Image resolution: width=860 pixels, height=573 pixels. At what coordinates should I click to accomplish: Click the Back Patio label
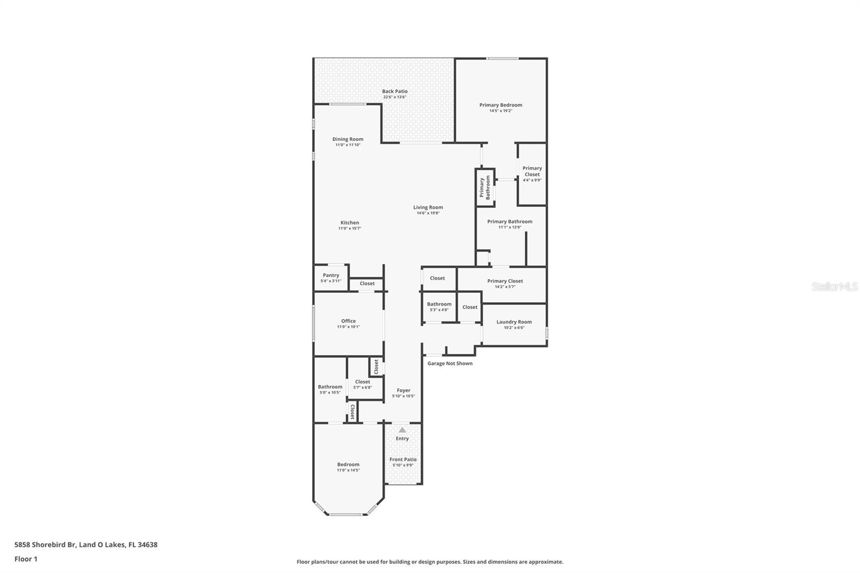click(x=395, y=91)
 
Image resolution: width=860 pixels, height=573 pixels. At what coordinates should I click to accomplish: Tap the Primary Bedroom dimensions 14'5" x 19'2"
click(x=500, y=111)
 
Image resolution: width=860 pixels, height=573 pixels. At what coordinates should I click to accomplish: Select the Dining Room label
click(x=348, y=139)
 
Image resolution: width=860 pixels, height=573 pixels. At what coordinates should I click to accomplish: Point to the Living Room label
click(x=428, y=207)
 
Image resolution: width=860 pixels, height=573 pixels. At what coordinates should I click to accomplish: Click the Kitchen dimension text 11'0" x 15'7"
click(x=349, y=228)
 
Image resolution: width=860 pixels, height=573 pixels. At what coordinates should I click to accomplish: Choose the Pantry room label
click(x=331, y=275)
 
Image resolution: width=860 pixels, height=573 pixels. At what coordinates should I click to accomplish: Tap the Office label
click(x=348, y=321)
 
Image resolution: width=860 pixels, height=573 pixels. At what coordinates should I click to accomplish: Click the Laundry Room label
click(x=514, y=322)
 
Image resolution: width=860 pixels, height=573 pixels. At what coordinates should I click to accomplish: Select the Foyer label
click(x=404, y=391)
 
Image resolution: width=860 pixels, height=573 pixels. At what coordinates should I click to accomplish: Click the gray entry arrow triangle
click(x=402, y=429)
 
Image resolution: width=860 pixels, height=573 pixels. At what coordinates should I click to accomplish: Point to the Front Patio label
click(x=403, y=460)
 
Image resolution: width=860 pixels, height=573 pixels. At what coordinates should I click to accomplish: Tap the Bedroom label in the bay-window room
click(x=348, y=464)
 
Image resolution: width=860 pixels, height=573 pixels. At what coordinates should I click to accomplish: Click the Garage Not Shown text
click(x=450, y=363)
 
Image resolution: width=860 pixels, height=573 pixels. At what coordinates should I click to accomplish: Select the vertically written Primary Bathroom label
click(x=485, y=188)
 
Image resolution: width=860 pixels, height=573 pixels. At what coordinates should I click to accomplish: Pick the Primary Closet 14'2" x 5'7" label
click(x=505, y=281)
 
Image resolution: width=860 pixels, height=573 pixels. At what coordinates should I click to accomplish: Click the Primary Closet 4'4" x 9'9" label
click(x=532, y=171)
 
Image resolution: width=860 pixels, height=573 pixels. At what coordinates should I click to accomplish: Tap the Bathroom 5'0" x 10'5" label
click(x=330, y=387)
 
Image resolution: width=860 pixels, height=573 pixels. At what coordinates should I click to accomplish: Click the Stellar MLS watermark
click(x=834, y=287)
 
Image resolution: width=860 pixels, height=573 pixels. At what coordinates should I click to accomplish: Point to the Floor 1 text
click(x=26, y=559)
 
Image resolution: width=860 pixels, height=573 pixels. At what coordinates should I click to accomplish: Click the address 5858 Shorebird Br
click(x=45, y=545)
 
